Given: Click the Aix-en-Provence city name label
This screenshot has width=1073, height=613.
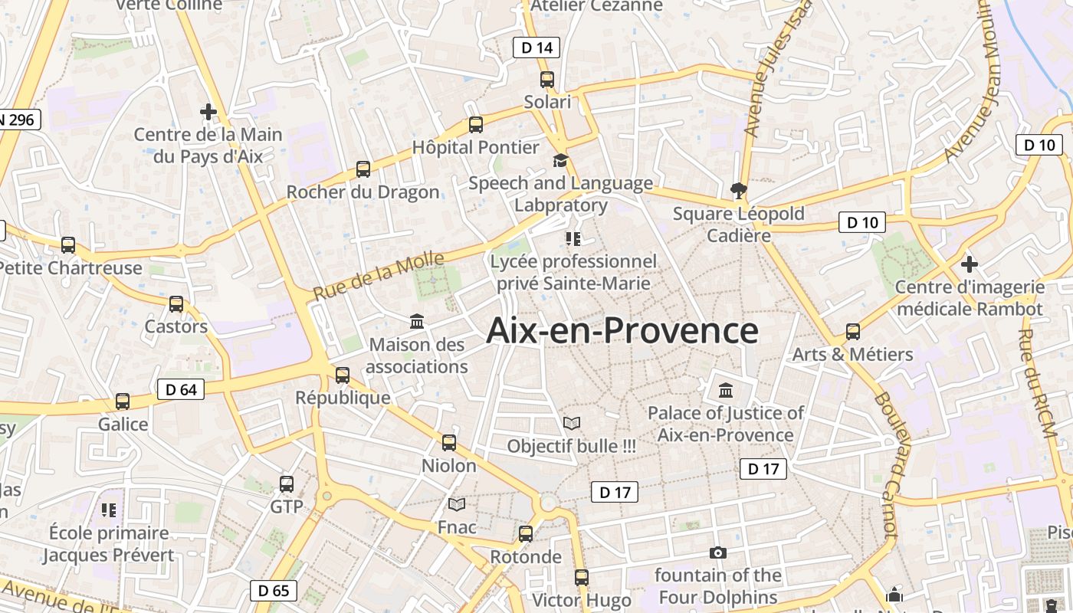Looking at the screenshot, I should pyautogui.click(x=622, y=331).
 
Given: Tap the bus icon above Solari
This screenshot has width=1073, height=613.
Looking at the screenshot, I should pyautogui.click(x=547, y=79).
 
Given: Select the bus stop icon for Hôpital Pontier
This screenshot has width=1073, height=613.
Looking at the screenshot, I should pyautogui.click(x=476, y=124).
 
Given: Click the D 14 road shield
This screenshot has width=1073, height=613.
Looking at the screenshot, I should pyautogui.click(x=536, y=48).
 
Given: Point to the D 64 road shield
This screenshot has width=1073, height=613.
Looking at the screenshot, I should pyautogui.click(x=181, y=389).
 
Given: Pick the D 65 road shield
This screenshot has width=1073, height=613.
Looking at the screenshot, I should pyautogui.click(x=274, y=590).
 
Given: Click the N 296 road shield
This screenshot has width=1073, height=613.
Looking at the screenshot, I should pyautogui.click(x=17, y=120).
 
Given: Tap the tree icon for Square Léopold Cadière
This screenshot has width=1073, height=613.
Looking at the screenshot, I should pyautogui.click(x=739, y=189).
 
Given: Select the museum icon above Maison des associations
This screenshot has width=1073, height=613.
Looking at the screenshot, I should pyautogui.click(x=417, y=321).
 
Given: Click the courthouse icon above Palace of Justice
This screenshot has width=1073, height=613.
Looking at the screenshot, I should pyautogui.click(x=726, y=391).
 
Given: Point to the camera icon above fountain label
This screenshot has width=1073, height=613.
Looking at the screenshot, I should pyautogui.click(x=718, y=552).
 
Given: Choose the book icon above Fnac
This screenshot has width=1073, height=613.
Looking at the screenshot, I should pyautogui.click(x=457, y=504).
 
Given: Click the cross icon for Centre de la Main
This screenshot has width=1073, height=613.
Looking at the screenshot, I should pyautogui.click(x=208, y=112).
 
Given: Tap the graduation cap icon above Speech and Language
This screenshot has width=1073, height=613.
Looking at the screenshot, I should pyautogui.click(x=561, y=160).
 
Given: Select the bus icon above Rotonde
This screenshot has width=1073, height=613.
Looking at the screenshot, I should pyautogui.click(x=526, y=533).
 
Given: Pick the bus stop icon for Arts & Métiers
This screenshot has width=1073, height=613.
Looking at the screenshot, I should pyautogui.click(x=853, y=332).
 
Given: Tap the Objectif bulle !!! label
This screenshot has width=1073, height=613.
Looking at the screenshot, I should pyautogui.click(x=572, y=446).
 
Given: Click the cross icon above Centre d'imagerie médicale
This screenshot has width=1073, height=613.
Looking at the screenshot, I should pyautogui.click(x=970, y=264).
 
